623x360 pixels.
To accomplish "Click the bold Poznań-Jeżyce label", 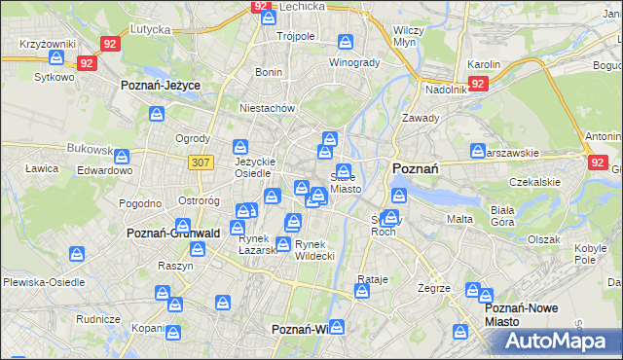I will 161,86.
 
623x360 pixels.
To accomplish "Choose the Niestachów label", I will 267,109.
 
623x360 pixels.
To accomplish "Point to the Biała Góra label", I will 502,215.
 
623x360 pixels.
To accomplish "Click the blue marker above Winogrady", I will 345,42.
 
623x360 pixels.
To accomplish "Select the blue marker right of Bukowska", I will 123,155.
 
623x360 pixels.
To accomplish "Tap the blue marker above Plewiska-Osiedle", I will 77,255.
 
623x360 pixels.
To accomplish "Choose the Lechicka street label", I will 301,6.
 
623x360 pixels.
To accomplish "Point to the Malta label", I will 459,220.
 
